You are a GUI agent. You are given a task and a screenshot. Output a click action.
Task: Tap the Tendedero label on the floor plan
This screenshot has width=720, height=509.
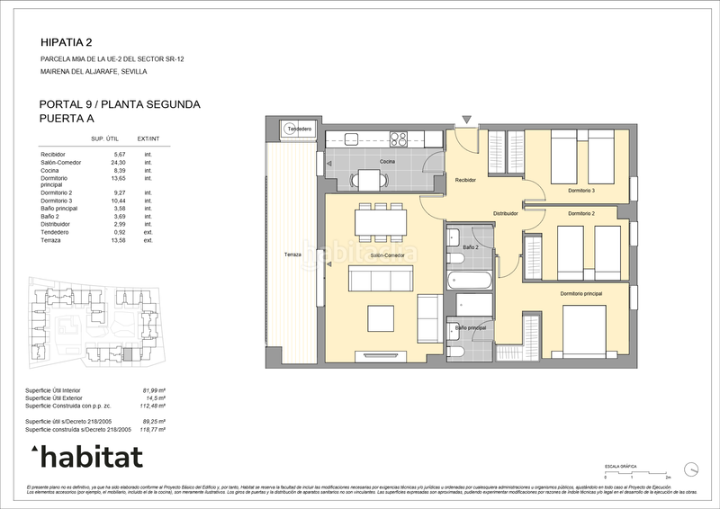tap(298, 129)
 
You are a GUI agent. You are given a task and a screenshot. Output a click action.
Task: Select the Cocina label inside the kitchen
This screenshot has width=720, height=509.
tap(387, 161)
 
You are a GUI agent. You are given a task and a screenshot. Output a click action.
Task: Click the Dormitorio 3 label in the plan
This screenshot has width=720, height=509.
tap(580, 191)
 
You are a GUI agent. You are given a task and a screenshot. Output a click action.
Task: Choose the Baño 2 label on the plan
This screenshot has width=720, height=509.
tap(469, 246)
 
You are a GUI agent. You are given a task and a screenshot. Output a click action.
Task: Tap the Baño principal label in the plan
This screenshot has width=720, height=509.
tap(471, 328)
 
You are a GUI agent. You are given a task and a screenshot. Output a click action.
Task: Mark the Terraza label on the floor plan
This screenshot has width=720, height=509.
tap(292, 255)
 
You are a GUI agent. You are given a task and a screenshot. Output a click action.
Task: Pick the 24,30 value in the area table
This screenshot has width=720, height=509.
tap(119, 162)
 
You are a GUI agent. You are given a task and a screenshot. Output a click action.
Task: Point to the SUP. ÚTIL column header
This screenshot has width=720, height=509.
tap(106, 138)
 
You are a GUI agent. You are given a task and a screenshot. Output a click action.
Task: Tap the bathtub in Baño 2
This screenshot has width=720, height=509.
tap(468, 280)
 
